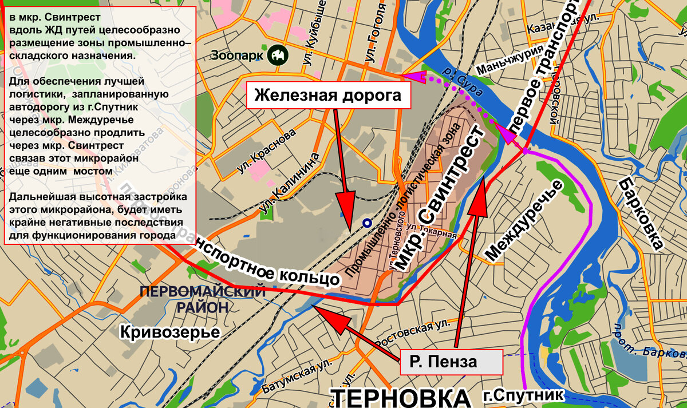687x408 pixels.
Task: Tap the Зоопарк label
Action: point(237,56)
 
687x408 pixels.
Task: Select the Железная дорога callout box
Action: point(328,95)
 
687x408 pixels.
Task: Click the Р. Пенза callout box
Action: point(451,362)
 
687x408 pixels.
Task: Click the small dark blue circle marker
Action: point(366,223)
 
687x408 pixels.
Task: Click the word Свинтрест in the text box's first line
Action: point(77,17)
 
